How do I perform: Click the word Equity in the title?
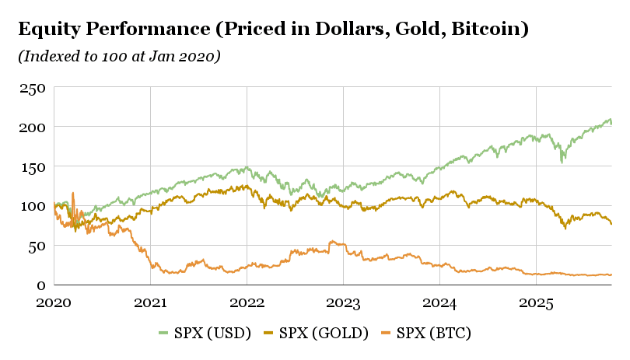click(x=49, y=30)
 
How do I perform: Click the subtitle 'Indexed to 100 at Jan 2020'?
click(x=119, y=56)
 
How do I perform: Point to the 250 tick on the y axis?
click(x=33, y=88)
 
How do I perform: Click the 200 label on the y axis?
click(x=32, y=128)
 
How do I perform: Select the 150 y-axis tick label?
click(x=33, y=167)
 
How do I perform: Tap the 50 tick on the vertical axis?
click(x=37, y=246)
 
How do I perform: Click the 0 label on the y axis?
click(x=41, y=285)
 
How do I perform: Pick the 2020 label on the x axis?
click(x=54, y=302)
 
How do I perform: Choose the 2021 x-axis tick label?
click(x=150, y=302)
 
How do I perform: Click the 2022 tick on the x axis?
click(x=247, y=302)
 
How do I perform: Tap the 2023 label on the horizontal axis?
click(x=343, y=302)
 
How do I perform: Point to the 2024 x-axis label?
click(x=439, y=302)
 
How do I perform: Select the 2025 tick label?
click(x=536, y=302)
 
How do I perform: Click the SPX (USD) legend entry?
click(x=205, y=333)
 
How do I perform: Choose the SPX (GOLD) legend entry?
click(x=316, y=333)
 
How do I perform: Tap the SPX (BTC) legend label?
click(x=426, y=333)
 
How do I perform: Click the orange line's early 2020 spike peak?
click(x=73, y=194)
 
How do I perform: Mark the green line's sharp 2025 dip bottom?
click(x=562, y=162)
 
